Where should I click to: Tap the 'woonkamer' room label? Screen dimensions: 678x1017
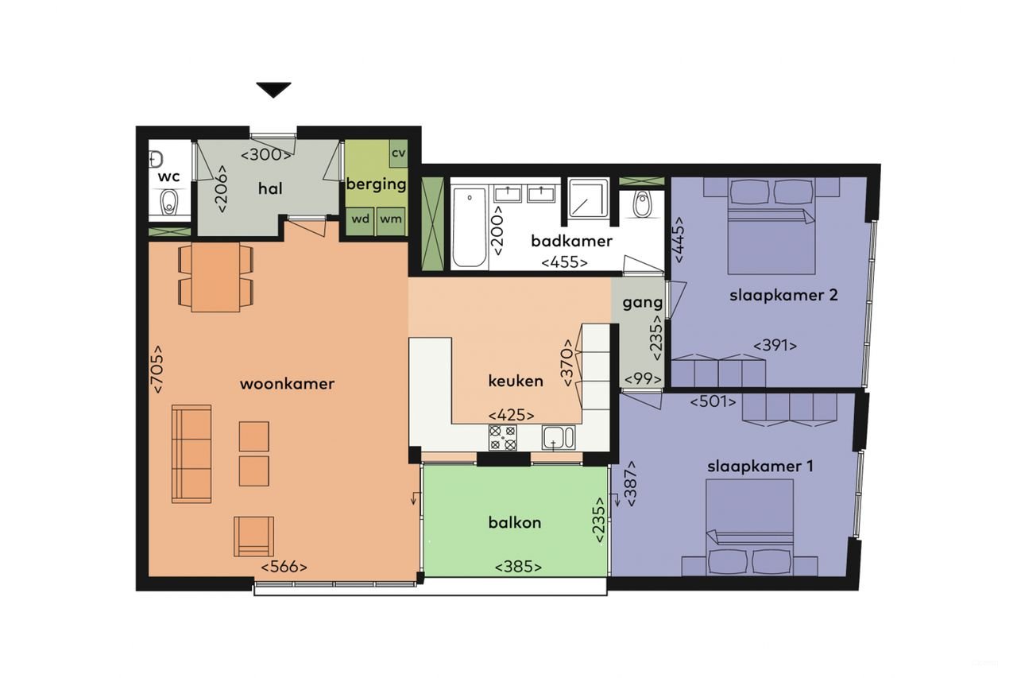[x=287, y=384]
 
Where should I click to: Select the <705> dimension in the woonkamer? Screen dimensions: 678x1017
[x=157, y=369]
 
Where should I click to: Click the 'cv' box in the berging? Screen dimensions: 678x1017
[x=398, y=153]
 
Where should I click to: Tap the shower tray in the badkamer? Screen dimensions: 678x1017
[x=587, y=198]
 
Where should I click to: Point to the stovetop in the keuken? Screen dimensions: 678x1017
[x=502, y=437]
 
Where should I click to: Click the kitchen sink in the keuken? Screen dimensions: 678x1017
[x=559, y=437]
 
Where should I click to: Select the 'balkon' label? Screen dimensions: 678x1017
[x=515, y=522]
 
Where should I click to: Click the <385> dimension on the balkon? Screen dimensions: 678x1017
[x=518, y=567]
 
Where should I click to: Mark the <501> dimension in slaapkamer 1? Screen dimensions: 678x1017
[x=712, y=401]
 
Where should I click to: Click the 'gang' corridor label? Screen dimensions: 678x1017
[x=642, y=303]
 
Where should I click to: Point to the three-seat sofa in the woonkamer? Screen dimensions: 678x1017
[x=191, y=453]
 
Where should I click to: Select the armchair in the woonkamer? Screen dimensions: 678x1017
[x=253, y=537]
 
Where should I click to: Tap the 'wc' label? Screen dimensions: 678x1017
[x=168, y=176]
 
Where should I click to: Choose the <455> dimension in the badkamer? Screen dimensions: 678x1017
[x=564, y=262]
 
